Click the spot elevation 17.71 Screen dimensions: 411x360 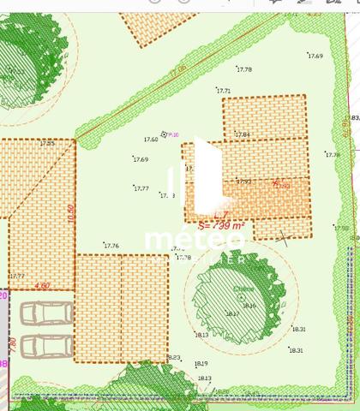pos(224,91)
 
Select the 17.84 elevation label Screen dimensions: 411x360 pos(243,134)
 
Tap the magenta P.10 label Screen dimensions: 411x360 pos(173,134)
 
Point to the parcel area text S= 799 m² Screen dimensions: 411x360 pos(221,226)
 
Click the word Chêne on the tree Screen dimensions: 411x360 pos(243,289)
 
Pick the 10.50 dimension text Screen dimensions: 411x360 pos(72,213)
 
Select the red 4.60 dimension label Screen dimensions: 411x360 pos(42,285)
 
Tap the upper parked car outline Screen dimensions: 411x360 pos(45,314)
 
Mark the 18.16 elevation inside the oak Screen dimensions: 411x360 pos(249,306)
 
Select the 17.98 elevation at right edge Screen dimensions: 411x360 pos(341,228)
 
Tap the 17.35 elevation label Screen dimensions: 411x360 pos(46,142)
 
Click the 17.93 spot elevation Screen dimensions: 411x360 pos(243,181)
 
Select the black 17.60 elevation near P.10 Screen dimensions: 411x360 pos(151,139)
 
